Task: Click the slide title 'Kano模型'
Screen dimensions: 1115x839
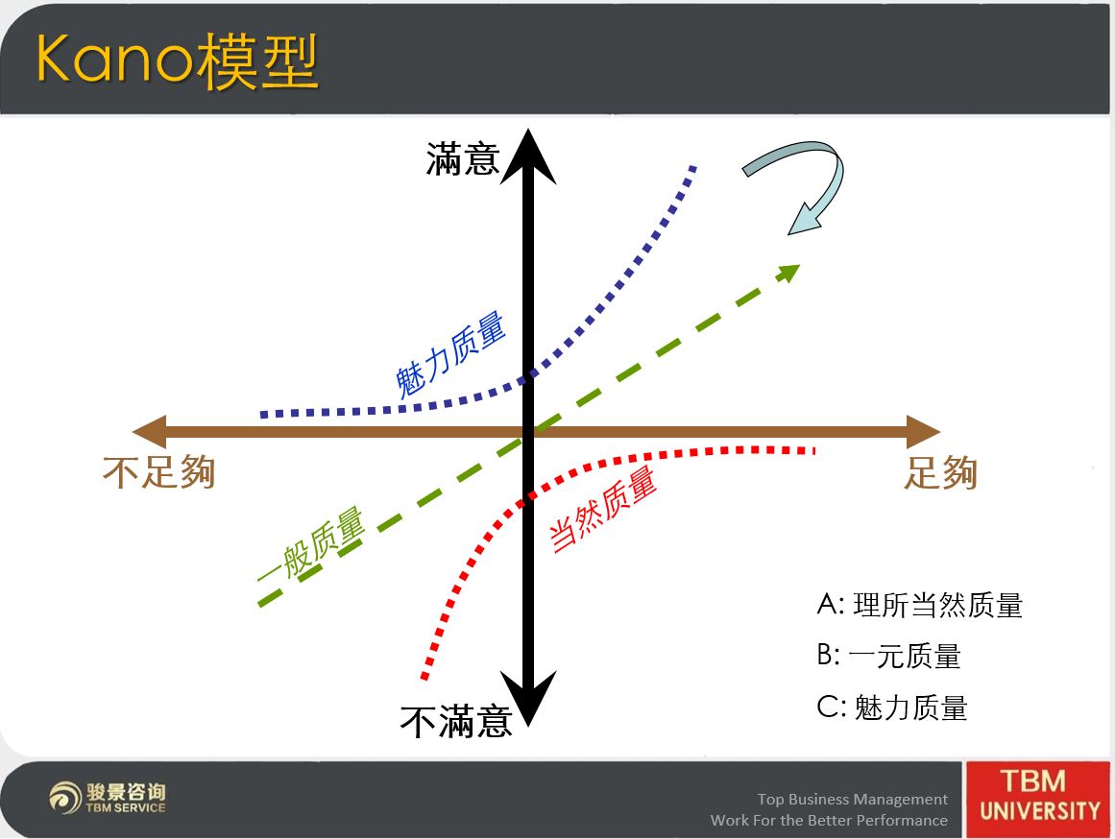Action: [x=177, y=61]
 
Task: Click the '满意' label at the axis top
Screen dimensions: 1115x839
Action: [x=463, y=158]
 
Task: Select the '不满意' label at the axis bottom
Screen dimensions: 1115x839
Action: [x=456, y=722]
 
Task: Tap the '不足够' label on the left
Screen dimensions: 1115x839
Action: [x=159, y=472]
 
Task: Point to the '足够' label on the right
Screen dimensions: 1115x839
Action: [x=941, y=472]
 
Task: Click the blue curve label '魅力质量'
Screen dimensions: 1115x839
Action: [x=450, y=355]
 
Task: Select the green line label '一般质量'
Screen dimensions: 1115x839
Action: [x=311, y=544]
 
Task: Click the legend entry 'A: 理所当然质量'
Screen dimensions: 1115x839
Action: [x=919, y=605]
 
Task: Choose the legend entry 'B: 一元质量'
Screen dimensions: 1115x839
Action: [x=889, y=656]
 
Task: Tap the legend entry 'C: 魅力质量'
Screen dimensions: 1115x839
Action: [x=892, y=707]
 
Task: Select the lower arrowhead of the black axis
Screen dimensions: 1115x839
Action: [x=528, y=698]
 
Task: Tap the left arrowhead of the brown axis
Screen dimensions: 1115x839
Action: [x=149, y=432]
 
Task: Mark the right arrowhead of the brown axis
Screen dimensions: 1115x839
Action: [x=923, y=432]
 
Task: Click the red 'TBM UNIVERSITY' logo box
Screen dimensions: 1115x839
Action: [x=1037, y=800]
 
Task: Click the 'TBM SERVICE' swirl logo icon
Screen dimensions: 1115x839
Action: [x=65, y=797]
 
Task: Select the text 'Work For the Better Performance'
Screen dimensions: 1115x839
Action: [x=829, y=820]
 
